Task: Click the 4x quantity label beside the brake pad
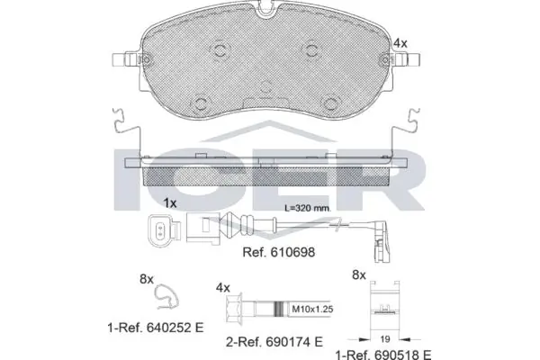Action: (400, 41)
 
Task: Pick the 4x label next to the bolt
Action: (224, 288)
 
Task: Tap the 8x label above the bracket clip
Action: (357, 275)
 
